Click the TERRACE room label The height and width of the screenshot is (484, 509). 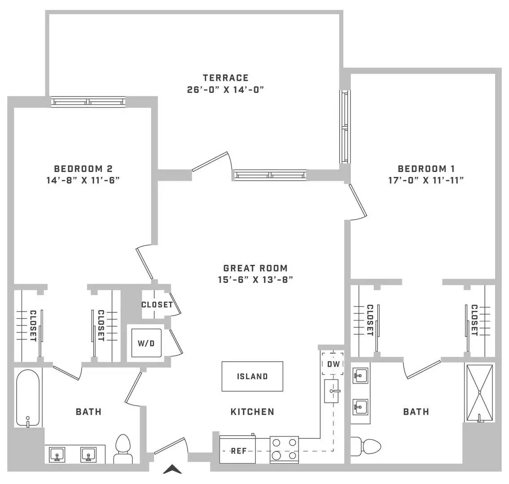tap(226, 78)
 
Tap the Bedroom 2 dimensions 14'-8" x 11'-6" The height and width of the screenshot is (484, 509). tap(83, 180)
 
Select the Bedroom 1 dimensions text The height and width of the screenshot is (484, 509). tap(426, 180)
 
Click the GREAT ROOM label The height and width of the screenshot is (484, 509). tap(255, 268)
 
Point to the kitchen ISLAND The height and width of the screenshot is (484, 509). tap(252, 376)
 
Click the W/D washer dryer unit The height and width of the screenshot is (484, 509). tap(146, 343)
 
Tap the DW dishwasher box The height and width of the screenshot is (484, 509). tap(333, 363)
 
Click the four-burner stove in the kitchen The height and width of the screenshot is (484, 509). tap(285, 449)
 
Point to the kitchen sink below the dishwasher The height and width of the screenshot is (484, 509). tap(332, 391)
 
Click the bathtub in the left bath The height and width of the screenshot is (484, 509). tap(28, 398)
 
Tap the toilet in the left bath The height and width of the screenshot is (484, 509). tap(123, 449)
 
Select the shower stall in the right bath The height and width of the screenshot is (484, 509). tap(479, 393)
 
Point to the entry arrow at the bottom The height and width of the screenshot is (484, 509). tap(172, 469)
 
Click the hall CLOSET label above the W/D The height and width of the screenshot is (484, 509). tap(157, 304)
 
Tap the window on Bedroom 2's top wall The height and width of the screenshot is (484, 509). tap(88, 102)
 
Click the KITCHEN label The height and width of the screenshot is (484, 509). tap(252, 411)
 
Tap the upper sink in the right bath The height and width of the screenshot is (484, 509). tap(360, 376)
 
